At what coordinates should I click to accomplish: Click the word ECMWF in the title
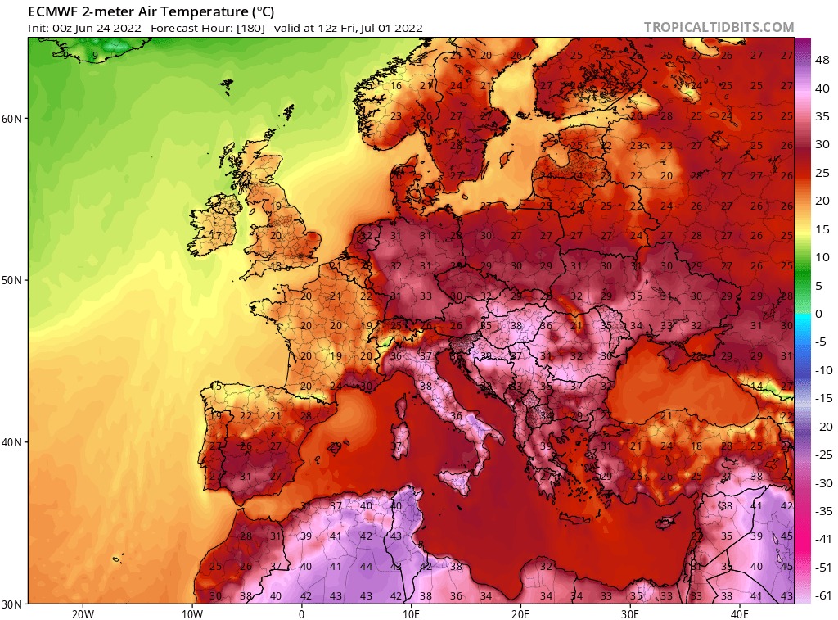tap(52, 11)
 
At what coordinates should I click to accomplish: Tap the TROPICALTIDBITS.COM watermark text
tap(719, 27)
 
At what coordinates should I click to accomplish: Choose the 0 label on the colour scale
tap(819, 314)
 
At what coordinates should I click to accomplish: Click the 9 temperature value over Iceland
tap(96, 56)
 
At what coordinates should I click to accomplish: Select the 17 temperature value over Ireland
tap(216, 236)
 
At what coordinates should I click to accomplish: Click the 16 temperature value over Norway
tap(396, 86)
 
